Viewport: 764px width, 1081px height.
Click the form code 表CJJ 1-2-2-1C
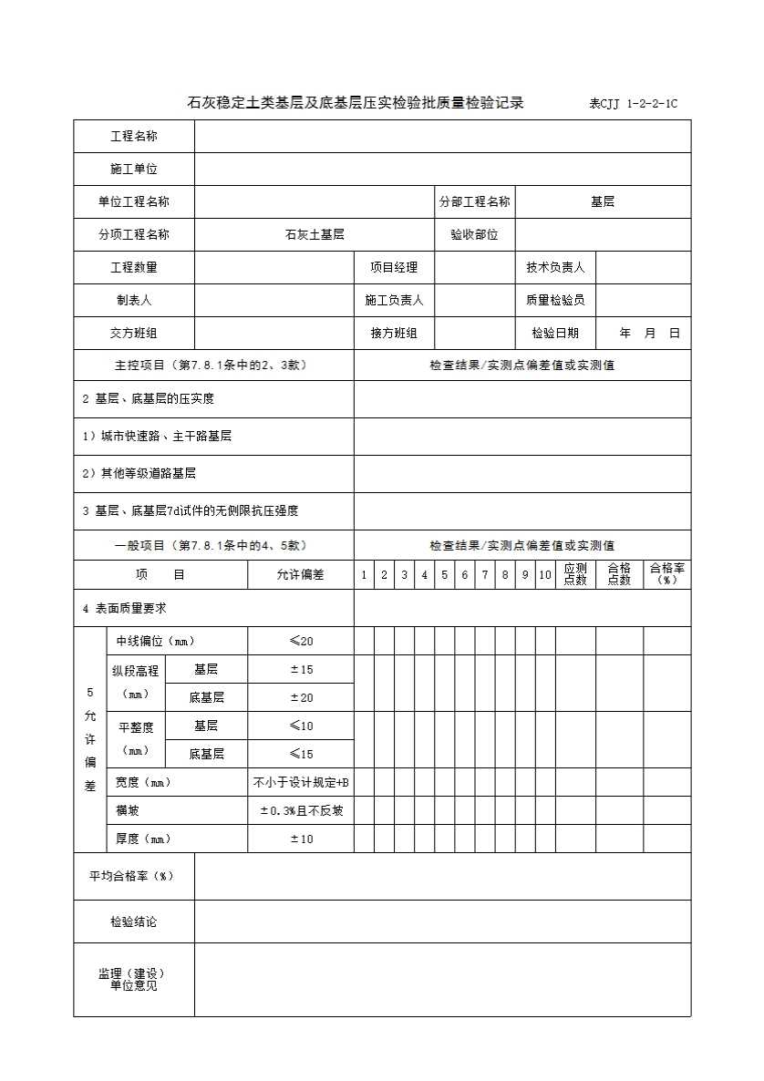633,104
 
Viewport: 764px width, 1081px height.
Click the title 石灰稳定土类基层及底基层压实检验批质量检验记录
356,103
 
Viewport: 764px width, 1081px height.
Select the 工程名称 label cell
134,137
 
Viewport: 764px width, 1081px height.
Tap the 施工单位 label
134,170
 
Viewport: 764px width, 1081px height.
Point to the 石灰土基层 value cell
315,235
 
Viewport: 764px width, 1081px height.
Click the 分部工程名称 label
474,202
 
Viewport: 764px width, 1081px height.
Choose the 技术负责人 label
555,268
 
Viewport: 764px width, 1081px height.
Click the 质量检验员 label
555,300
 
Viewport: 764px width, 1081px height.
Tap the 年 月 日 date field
649,334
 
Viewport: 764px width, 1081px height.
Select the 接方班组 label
394,334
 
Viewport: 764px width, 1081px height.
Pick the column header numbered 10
545,575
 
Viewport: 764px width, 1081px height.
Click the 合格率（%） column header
667,574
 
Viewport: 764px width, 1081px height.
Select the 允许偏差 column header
300,575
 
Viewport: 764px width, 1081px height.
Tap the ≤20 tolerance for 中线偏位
300,642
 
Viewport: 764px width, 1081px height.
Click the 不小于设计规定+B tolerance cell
300,783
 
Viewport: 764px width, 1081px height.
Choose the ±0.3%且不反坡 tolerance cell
300,811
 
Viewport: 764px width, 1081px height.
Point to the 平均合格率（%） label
130,877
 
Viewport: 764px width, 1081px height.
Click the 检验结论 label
134,922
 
